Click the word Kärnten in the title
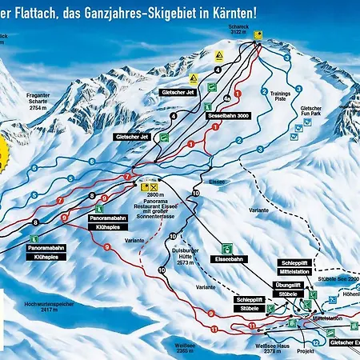point(237,14)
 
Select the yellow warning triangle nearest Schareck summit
point(218,56)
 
